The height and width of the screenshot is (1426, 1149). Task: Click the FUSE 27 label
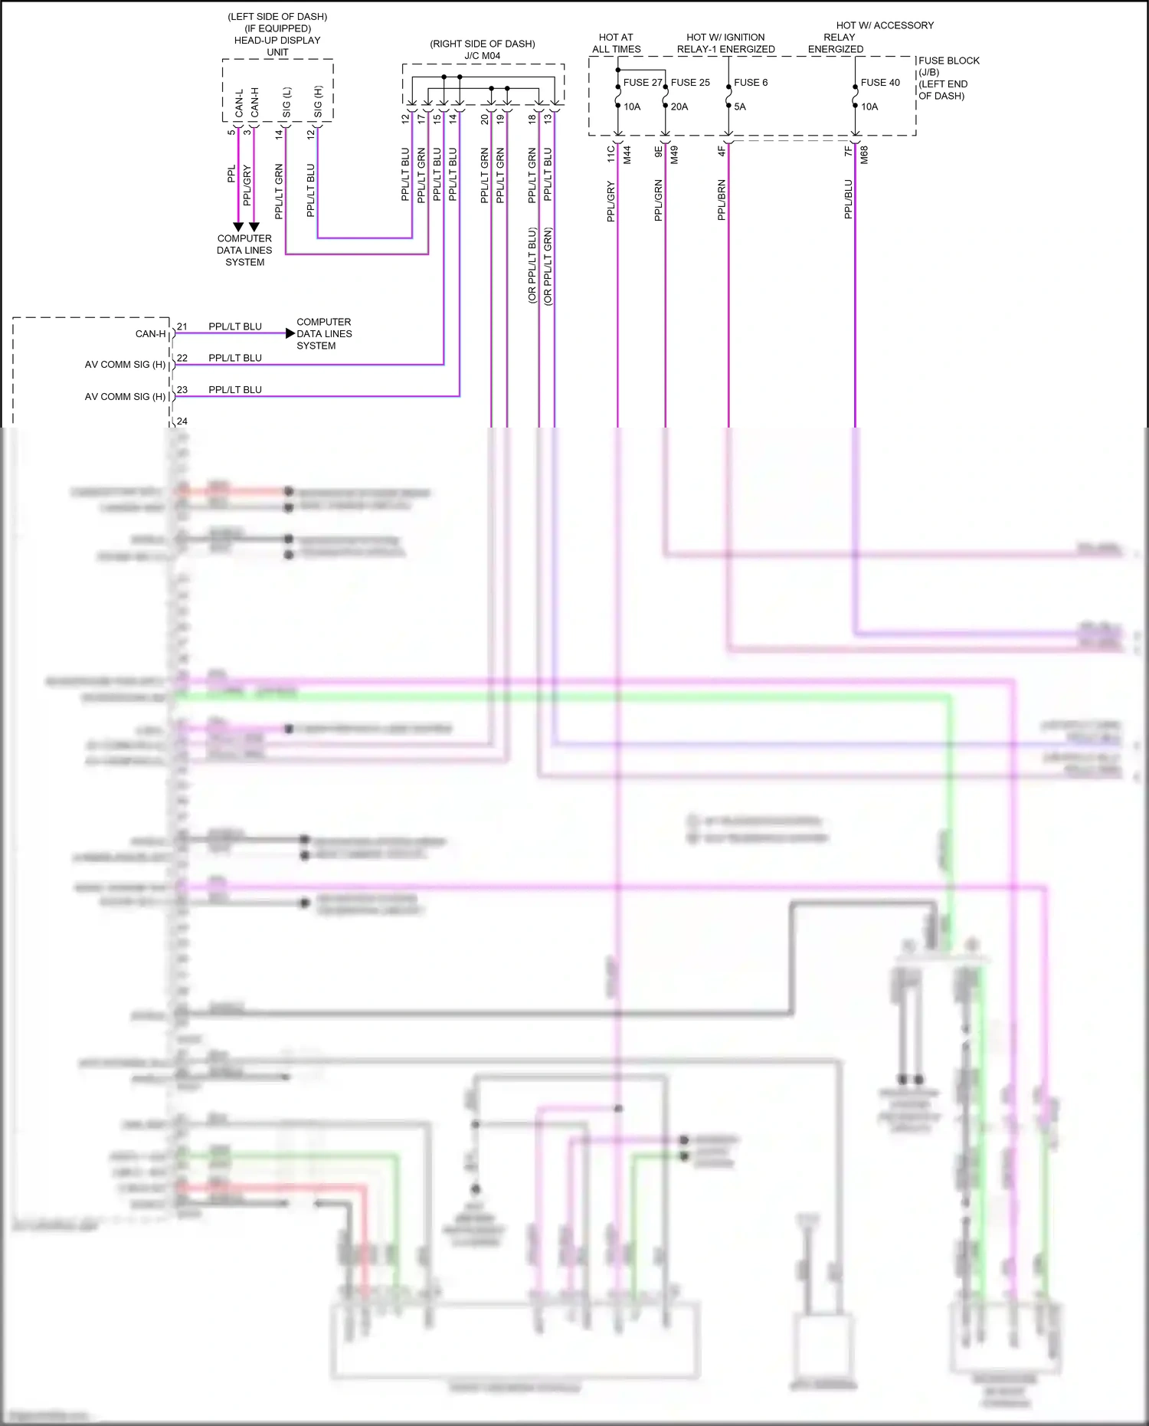(642, 83)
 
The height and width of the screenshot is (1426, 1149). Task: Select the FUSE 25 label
(690, 83)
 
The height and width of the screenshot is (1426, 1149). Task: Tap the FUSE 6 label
(750, 83)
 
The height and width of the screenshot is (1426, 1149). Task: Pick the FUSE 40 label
(880, 83)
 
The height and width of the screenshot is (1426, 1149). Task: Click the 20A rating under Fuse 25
(679, 107)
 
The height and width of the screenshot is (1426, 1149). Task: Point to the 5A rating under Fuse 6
(739, 107)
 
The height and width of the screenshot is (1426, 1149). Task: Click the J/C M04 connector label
(482, 56)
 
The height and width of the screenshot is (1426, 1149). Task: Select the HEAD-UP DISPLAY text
(277, 41)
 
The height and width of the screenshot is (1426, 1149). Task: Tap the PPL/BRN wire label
(722, 200)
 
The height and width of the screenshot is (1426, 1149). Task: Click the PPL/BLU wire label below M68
(849, 199)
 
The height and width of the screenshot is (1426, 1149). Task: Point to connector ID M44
(627, 155)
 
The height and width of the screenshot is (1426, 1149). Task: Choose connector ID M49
(675, 155)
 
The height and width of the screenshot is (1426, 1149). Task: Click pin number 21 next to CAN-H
(182, 326)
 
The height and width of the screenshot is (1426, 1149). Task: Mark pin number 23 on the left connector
(182, 390)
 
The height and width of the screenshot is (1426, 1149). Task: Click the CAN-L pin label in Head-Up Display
(239, 103)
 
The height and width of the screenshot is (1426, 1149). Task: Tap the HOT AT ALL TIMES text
(616, 43)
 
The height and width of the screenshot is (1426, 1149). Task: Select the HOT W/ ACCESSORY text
(885, 25)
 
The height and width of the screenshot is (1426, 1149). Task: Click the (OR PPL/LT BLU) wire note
(532, 266)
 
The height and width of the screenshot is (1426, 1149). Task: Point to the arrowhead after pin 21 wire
(290, 333)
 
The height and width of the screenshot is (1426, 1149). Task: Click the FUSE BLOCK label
(948, 61)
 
